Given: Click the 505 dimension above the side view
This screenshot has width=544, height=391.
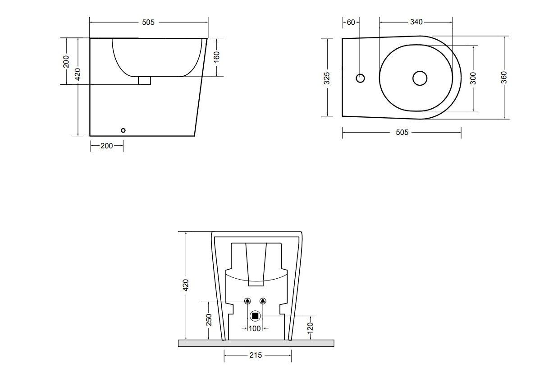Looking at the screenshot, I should point(148,22).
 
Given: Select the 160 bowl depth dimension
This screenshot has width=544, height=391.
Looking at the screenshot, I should point(216,58).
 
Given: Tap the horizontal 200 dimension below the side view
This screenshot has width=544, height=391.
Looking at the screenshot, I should point(107,146).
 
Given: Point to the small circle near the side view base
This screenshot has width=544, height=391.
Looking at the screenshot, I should point(123,130).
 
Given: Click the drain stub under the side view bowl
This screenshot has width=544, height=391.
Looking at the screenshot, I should point(144,81).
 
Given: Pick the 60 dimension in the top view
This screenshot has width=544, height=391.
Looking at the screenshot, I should point(351,22).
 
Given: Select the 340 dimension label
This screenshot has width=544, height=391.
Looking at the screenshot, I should point(416,22).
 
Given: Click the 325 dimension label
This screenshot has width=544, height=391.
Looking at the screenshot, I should point(327,78).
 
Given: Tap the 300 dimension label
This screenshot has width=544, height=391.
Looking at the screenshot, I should point(473,78).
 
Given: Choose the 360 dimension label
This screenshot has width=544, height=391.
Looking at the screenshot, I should point(503,78).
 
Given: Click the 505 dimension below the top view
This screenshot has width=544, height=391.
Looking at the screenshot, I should point(402,132).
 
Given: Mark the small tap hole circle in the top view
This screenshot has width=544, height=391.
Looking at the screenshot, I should point(360,78).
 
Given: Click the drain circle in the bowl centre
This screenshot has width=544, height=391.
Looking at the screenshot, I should point(420,78).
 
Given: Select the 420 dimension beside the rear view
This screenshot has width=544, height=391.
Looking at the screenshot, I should point(186,285).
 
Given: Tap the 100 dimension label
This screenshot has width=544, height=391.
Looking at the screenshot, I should point(255,328).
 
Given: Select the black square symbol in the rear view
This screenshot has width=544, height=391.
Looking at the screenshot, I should point(255,317).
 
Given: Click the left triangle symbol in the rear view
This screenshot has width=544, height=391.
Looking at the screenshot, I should point(247,301).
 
